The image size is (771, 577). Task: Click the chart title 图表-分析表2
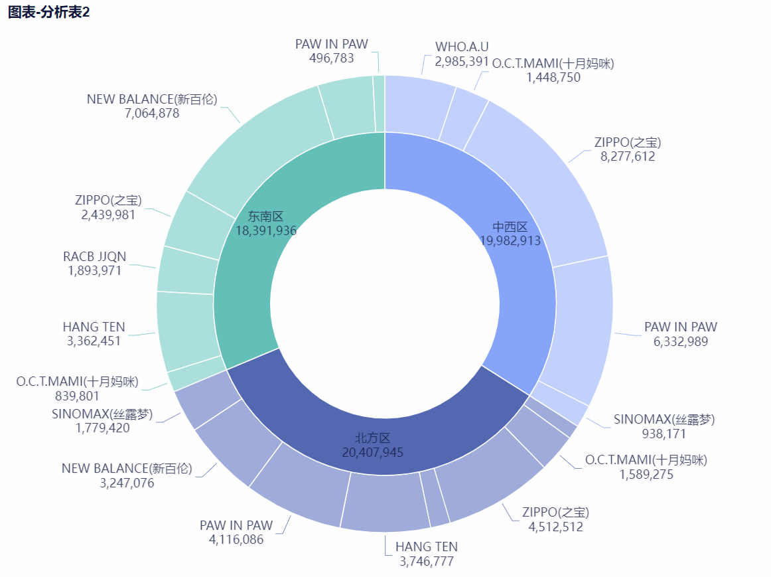(48, 13)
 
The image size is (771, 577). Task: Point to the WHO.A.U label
(462, 46)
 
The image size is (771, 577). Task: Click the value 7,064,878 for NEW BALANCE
(152, 113)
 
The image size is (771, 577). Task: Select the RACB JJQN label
(94, 256)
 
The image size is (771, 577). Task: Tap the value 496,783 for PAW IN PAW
(332, 58)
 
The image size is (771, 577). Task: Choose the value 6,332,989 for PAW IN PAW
(681, 341)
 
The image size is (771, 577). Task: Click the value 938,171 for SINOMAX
(664, 434)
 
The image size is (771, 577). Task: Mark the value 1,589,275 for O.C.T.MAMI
(646, 474)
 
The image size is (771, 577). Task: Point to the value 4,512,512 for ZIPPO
(555, 527)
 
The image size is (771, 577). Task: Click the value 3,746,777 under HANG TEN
(427, 561)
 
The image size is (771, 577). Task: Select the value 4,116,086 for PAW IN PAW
(236, 539)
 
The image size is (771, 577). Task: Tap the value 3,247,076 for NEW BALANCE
(127, 483)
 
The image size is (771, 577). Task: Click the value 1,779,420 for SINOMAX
(102, 428)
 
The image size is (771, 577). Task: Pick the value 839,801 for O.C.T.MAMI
(77, 396)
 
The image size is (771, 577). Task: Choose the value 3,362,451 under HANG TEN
(94, 341)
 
